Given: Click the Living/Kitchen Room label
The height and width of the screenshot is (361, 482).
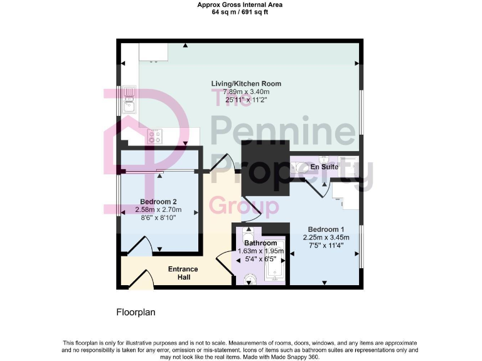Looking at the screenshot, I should (x=245, y=83).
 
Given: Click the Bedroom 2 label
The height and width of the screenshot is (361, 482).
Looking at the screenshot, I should (x=158, y=201).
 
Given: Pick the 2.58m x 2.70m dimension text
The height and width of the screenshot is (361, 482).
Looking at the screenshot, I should (x=158, y=209).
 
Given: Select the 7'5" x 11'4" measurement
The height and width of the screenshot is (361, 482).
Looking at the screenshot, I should (x=324, y=246).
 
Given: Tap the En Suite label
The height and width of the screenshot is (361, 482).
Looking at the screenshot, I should (x=325, y=167).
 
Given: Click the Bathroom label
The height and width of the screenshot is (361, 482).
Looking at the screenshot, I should (x=260, y=243).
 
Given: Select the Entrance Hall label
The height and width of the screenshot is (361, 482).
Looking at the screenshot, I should (x=183, y=273).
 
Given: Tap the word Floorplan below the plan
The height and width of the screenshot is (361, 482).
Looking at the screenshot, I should (x=136, y=311).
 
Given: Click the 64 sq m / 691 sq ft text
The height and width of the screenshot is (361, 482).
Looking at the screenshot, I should (x=240, y=12).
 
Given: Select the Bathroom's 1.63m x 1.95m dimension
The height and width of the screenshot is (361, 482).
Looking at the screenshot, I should (x=260, y=251).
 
